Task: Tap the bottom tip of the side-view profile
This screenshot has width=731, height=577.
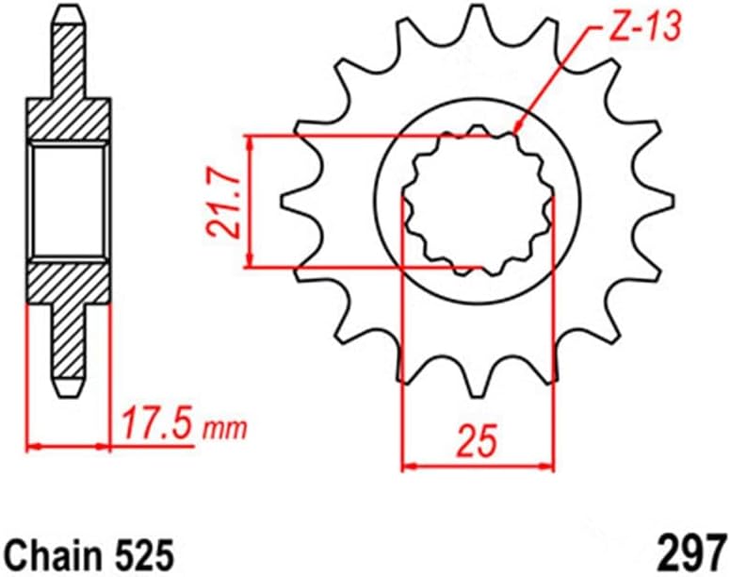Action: pyautogui.click(x=68, y=389)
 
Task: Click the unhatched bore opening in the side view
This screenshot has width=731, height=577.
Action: pyautogui.click(x=68, y=200)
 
